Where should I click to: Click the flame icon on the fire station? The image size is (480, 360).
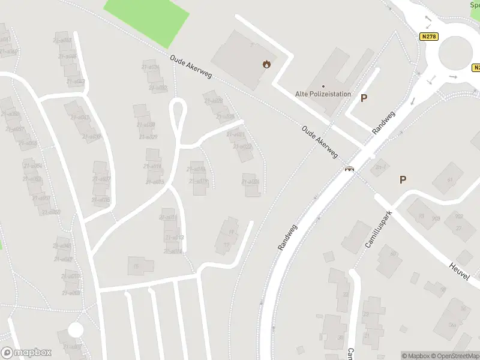coord(266,64)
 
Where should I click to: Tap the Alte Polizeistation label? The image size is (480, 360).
coord(323,94)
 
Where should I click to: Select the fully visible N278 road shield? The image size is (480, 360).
coord(429,37)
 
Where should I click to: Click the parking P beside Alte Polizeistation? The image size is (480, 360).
coord(364,98)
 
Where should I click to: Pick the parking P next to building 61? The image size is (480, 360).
coord(403,179)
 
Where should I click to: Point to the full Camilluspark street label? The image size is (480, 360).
coord(378,229)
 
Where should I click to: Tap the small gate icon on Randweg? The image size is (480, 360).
coord(349,169)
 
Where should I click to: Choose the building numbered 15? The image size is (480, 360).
coord(137,265)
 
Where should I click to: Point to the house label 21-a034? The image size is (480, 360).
coord(150,67)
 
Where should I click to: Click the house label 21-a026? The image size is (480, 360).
coord(251,181)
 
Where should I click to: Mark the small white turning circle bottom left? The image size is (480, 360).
coord(76,329)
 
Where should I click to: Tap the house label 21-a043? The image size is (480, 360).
coord(76,81)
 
